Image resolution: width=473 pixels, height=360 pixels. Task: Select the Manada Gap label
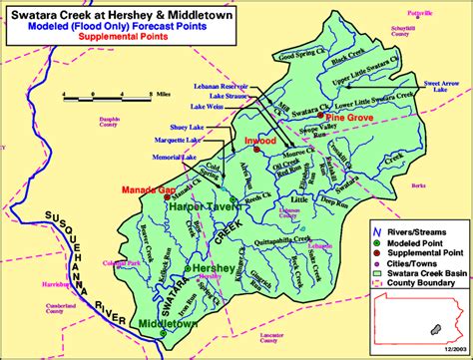(x=143, y=188)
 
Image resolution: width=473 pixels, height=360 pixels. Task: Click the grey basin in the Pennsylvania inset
(x=437, y=326)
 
